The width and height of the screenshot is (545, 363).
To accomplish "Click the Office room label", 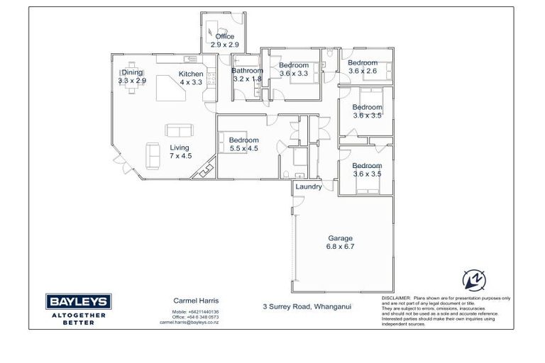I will [224, 37].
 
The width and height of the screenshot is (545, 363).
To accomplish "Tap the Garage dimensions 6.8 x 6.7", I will [340, 247].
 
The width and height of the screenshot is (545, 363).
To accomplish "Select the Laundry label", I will [309, 187].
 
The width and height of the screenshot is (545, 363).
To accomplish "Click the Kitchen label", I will [191, 74].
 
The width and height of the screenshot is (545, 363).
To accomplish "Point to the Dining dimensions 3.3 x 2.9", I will [132, 81].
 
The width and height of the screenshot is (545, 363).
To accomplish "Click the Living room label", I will [180, 147].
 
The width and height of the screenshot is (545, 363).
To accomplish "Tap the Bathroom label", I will [248, 71].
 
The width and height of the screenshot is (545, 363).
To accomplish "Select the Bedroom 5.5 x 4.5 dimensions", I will [243, 149].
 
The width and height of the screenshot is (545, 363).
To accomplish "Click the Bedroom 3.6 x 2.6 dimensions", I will [362, 71].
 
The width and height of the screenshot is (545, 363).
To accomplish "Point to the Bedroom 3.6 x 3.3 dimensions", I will [293, 73].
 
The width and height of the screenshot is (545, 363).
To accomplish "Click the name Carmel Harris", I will [190, 301].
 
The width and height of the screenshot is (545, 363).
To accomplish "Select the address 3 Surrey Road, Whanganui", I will [307, 307].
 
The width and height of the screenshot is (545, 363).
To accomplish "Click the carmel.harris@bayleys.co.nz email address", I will [189, 322].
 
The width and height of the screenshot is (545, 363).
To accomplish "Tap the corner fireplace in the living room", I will [207, 169].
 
